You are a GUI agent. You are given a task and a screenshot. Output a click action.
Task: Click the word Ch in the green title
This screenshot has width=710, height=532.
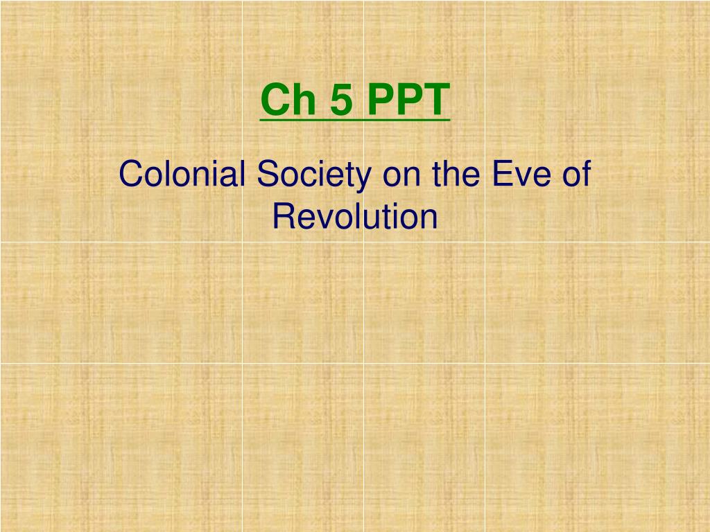point(288,100)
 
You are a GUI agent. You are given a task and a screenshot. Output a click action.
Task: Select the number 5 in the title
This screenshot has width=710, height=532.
point(341,100)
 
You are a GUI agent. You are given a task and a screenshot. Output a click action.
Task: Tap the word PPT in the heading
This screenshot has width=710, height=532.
point(408,100)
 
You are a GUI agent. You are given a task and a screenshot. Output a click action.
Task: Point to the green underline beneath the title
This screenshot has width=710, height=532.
point(355,120)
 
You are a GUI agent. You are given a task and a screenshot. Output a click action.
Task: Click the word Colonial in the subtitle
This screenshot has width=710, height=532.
point(182,173)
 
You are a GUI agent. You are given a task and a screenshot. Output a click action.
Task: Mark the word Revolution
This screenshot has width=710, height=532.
point(355,216)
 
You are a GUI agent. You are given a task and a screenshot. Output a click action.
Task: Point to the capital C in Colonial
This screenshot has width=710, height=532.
point(131,173)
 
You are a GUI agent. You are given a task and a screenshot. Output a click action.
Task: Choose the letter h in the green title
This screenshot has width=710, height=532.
point(304,100)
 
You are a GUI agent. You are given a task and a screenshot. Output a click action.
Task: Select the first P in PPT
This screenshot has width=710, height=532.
point(380,100)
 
